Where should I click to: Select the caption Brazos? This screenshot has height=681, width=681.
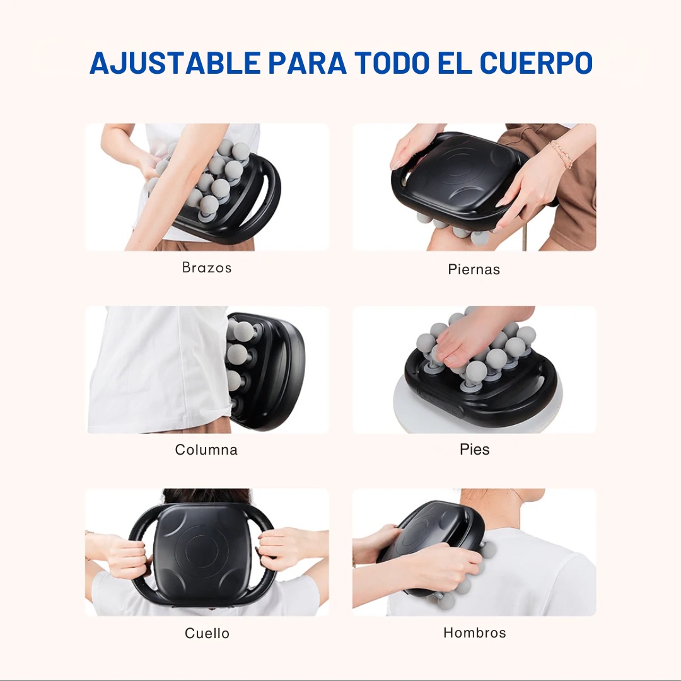point(207,267)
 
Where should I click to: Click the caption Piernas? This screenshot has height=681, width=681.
point(474,269)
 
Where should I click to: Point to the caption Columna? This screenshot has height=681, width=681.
point(206,450)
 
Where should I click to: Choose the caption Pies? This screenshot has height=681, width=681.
point(474,450)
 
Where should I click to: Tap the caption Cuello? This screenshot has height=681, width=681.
point(207,632)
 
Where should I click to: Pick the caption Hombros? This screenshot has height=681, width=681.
point(474,632)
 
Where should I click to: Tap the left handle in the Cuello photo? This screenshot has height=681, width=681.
point(140,555)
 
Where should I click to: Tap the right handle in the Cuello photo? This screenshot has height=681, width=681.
point(267,555)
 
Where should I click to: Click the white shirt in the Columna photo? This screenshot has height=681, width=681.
point(158,372)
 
